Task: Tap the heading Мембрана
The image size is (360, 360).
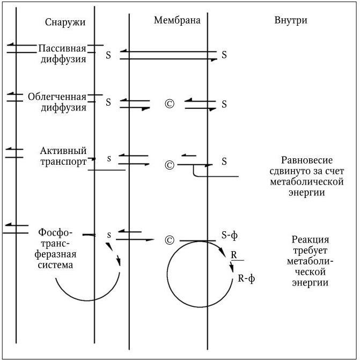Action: pyautogui.click(x=177, y=20)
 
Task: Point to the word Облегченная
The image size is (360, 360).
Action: pyautogui.click(x=57, y=97)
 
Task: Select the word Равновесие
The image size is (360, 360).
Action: pyautogui.click(x=307, y=160)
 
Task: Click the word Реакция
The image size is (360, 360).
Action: pyautogui.click(x=310, y=240)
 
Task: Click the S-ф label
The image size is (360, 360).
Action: pyautogui.click(x=229, y=234)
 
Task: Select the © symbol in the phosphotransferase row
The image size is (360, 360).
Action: pyautogui.click(x=170, y=240)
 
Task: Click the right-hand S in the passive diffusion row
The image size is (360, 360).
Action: pyautogui.click(x=224, y=55)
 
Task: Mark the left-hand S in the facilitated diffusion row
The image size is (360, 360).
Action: pyautogui.click(x=108, y=102)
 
